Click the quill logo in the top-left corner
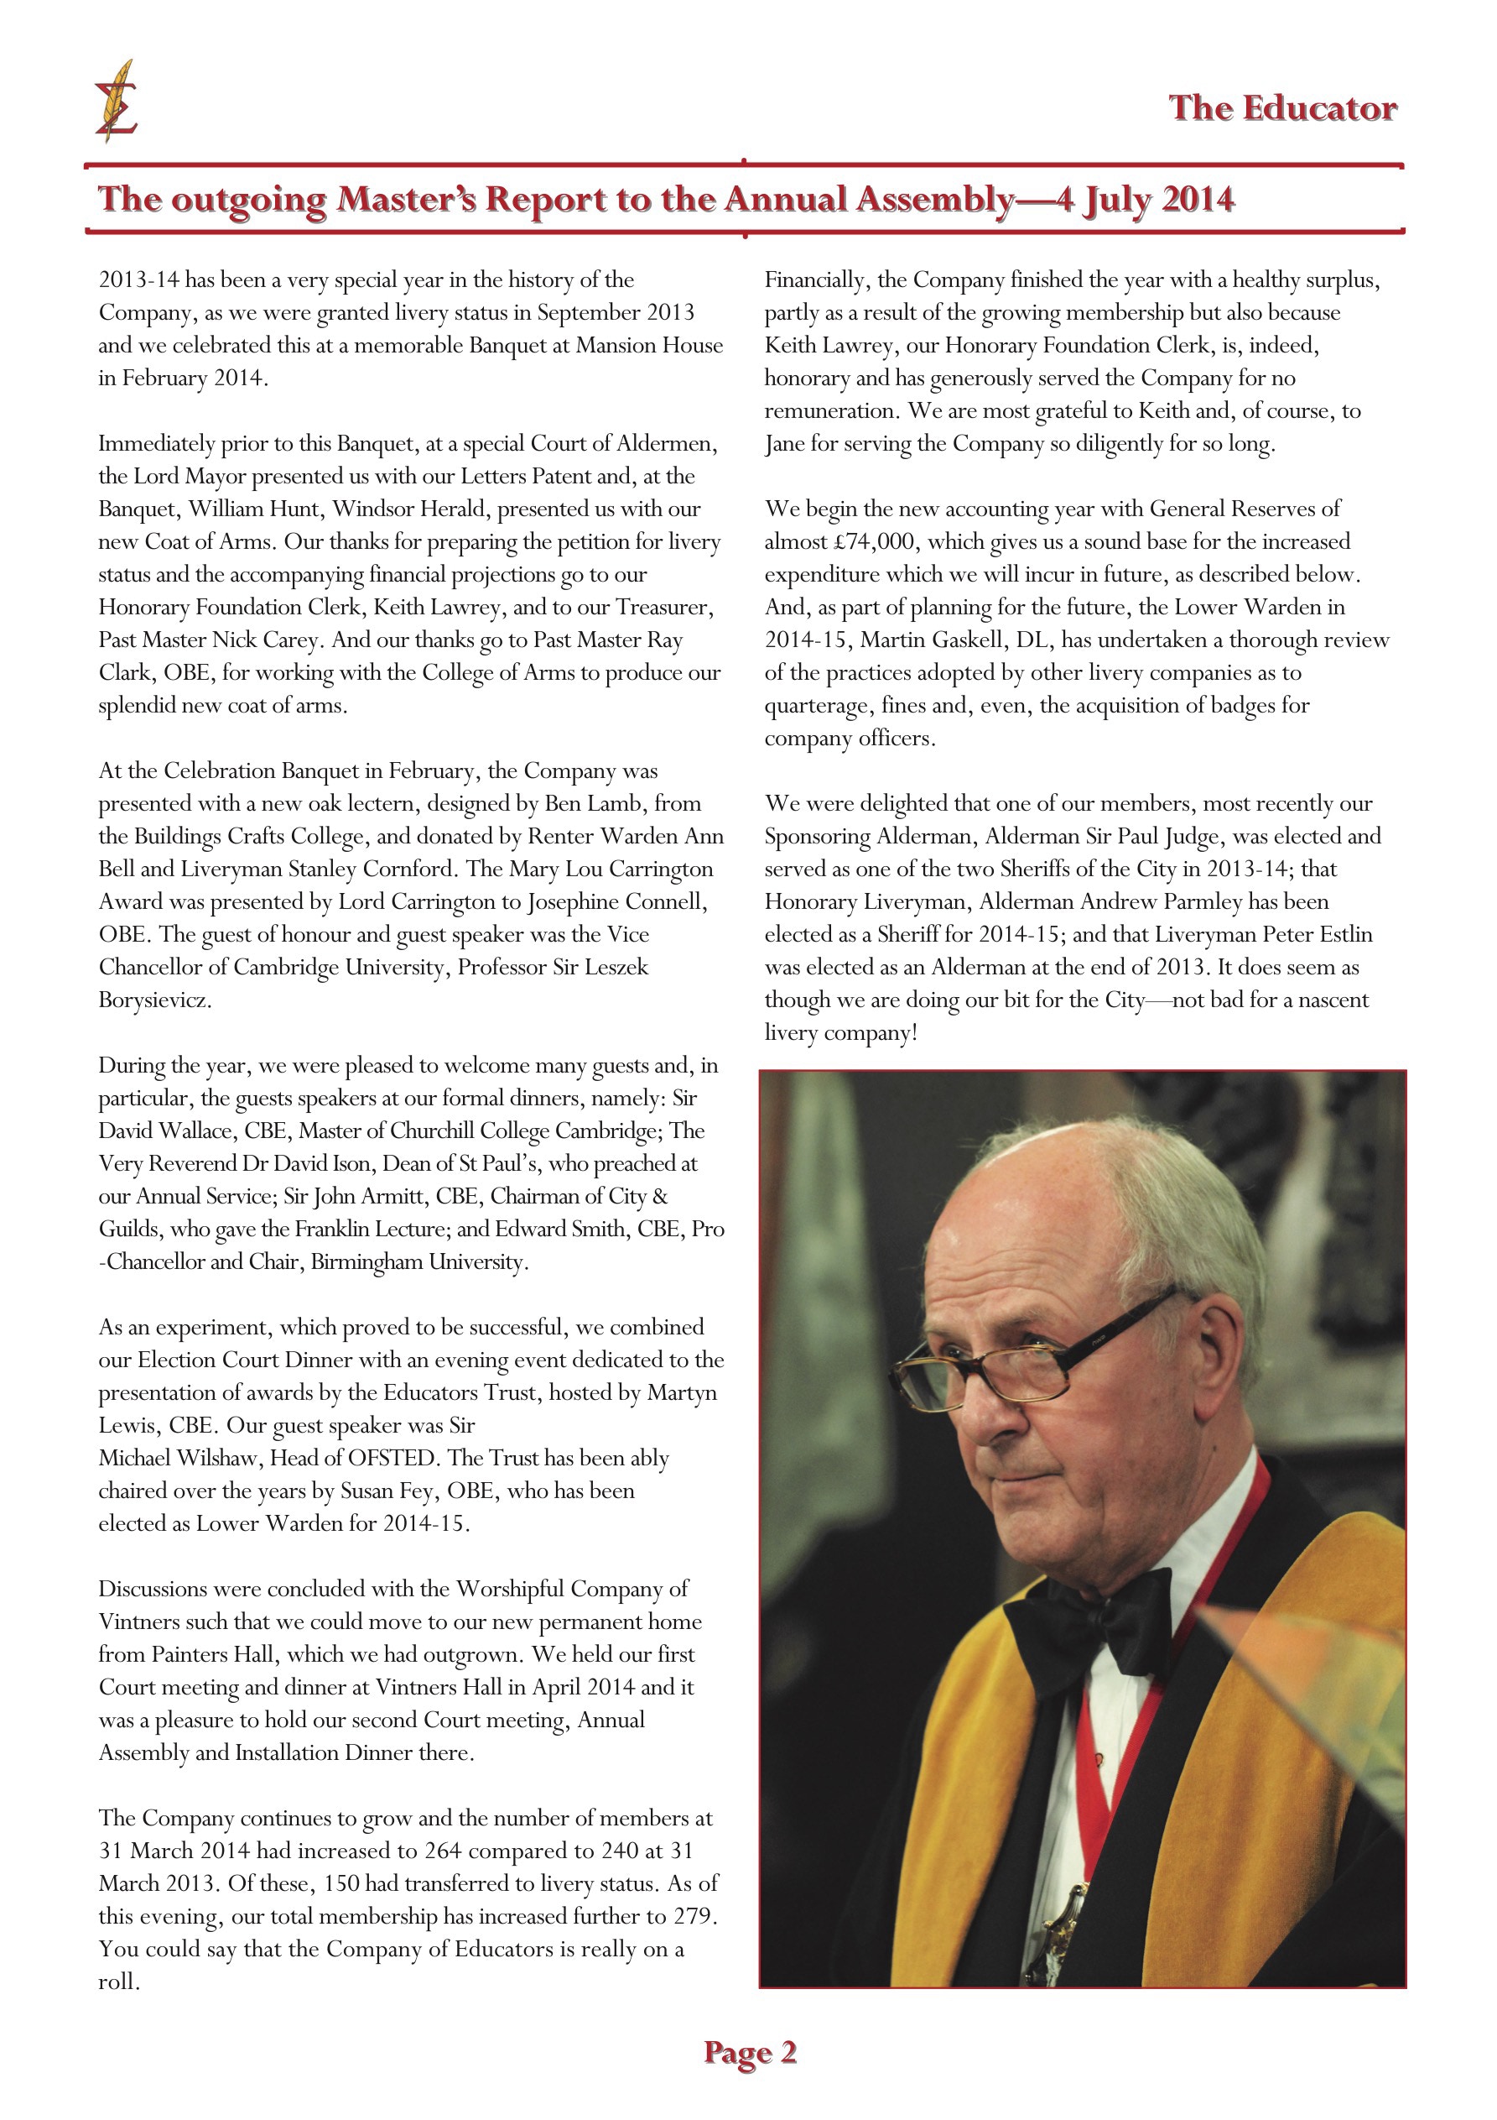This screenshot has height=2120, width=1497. point(117,101)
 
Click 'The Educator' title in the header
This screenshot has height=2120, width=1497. point(1282,108)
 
